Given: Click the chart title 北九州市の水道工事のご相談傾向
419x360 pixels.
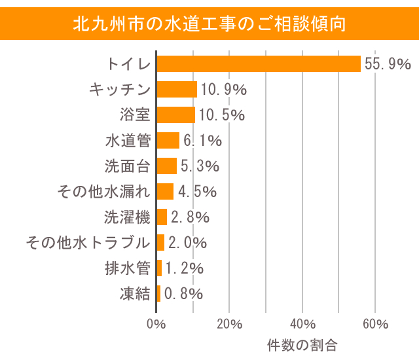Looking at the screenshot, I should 209,25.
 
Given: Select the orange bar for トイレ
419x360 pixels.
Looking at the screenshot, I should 259,63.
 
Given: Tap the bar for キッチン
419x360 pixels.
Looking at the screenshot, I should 177,89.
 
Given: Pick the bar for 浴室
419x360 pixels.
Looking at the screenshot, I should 176,115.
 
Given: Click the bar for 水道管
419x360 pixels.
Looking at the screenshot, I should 168,140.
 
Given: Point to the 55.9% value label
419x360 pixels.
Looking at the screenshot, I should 388,63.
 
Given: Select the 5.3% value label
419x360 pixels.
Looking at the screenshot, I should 200,166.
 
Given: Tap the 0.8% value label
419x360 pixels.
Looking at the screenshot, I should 183,293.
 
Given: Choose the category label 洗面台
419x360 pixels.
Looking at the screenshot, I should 128,166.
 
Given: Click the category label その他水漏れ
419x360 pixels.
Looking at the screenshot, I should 105,191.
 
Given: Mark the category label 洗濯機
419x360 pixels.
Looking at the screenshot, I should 128,217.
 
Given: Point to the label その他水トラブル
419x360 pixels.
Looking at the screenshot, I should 88,242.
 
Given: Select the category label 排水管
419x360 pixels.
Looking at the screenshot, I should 128,268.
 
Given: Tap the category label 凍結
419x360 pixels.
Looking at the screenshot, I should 136,293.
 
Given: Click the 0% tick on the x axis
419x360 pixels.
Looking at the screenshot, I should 156,324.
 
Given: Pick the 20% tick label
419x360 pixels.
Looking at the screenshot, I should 229,324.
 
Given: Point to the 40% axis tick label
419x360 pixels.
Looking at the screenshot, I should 302,324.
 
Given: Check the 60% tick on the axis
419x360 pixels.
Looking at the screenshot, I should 375,324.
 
